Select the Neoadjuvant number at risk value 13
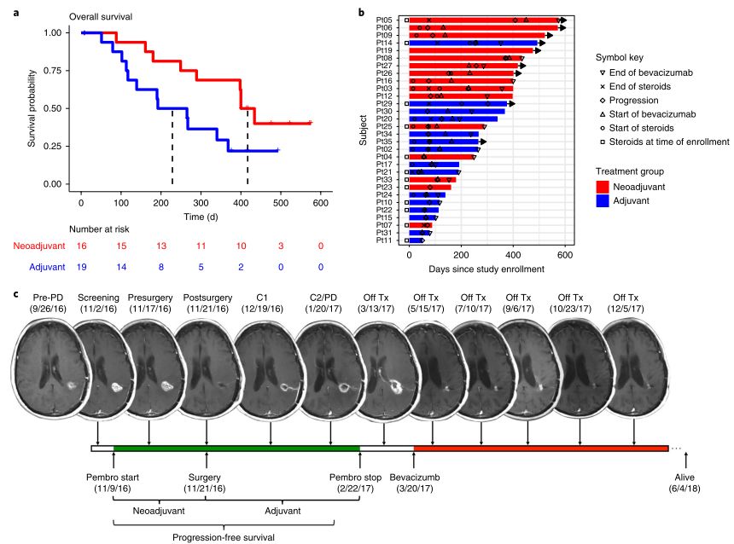click(160, 246)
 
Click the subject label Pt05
click(384, 19)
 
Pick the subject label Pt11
click(384, 240)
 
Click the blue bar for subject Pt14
click(473, 43)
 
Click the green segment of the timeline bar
click(236, 449)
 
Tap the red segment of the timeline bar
click(540, 449)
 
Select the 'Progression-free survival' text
click(225, 537)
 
